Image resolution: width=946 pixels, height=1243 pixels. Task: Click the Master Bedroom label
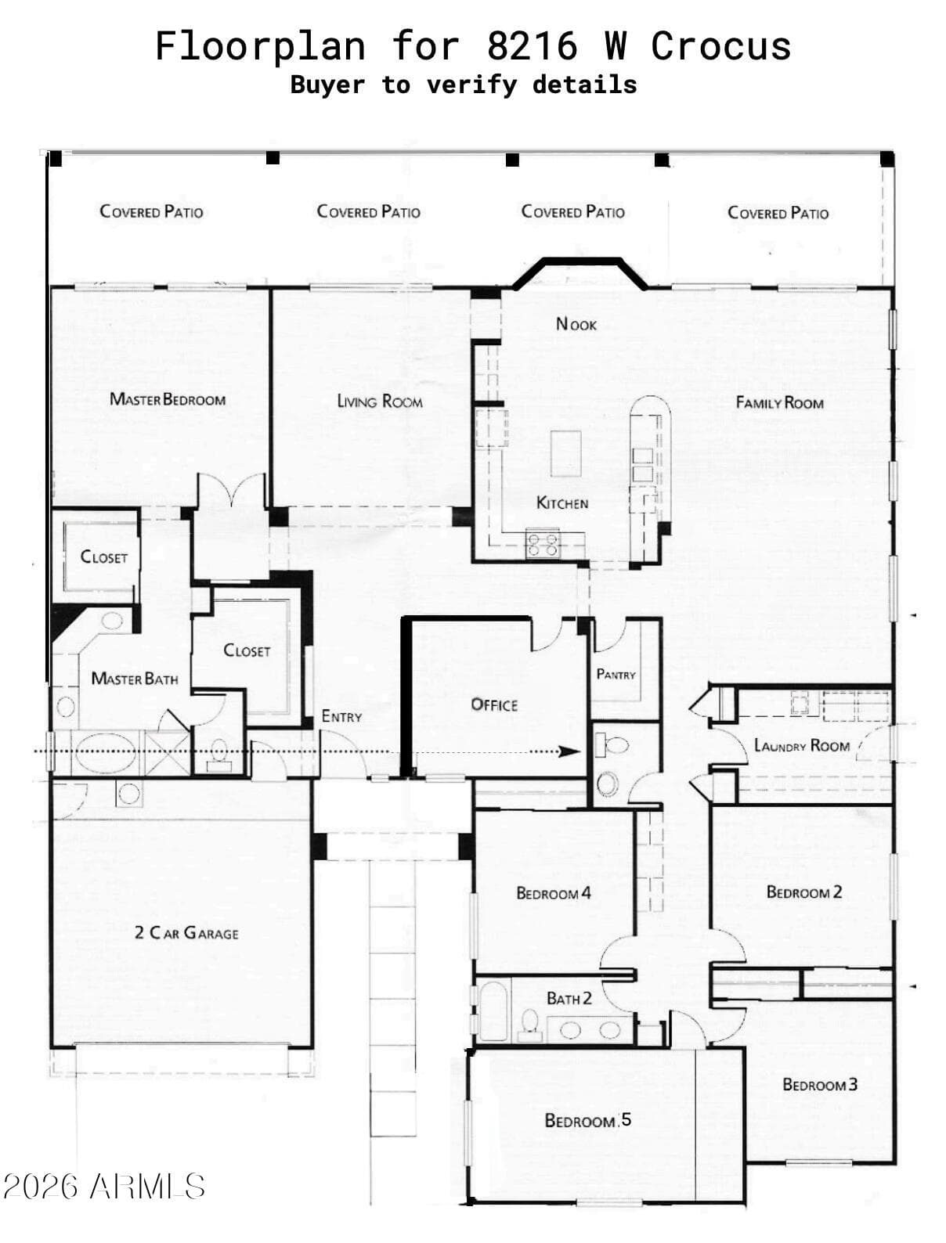pyautogui.click(x=168, y=399)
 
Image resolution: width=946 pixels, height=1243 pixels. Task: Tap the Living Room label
pyautogui.click(x=380, y=402)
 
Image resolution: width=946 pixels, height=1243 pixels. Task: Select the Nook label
pyautogui.click(x=576, y=324)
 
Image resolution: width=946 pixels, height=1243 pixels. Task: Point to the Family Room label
pyautogui.click(x=779, y=402)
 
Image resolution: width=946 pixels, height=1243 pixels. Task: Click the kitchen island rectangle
pyautogui.click(x=566, y=453)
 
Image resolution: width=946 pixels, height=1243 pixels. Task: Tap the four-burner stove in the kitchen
pyautogui.click(x=543, y=544)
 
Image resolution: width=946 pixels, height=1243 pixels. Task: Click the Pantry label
pyautogui.click(x=616, y=675)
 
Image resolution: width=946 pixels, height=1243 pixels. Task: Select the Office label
pyautogui.click(x=494, y=705)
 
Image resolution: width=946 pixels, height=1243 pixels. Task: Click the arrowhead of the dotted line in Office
pyautogui.click(x=569, y=752)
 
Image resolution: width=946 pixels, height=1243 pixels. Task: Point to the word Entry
pyautogui.click(x=341, y=716)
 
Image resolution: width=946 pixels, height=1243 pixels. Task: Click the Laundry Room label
pyautogui.click(x=802, y=745)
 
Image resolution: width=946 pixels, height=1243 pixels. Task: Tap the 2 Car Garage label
pyautogui.click(x=186, y=933)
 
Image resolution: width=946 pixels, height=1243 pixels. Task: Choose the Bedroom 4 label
pyautogui.click(x=554, y=893)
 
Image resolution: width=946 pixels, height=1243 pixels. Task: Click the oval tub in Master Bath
pyautogui.click(x=106, y=752)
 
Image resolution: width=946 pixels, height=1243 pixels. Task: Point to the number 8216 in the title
pyautogui.click(x=532, y=45)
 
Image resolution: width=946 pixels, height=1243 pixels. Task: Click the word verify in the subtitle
pyautogui.click(x=471, y=85)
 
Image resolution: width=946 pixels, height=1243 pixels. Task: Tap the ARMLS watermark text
pyautogui.click(x=147, y=1187)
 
